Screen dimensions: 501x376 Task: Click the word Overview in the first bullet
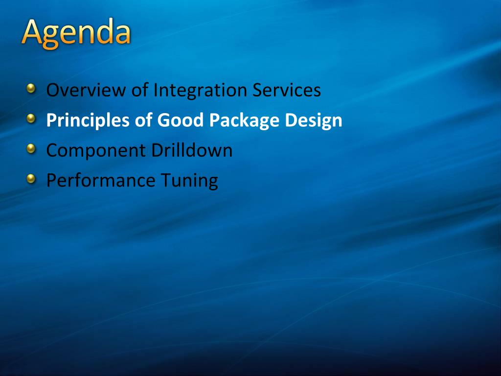(x=86, y=90)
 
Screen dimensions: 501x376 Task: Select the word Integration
(x=200, y=91)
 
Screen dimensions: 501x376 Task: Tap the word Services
(x=287, y=90)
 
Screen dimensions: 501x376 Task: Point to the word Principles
(x=88, y=121)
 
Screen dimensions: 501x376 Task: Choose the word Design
(x=314, y=121)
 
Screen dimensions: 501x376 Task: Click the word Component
(x=96, y=151)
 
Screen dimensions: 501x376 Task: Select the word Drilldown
(x=192, y=150)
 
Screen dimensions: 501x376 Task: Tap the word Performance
(x=101, y=180)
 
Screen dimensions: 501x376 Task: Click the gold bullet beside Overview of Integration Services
(x=31, y=88)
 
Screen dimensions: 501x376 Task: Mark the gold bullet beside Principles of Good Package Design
(x=31, y=118)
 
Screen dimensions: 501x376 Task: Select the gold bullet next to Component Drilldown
(x=31, y=149)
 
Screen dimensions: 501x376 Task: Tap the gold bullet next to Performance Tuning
(x=31, y=179)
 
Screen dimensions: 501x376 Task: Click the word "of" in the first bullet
(x=140, y=90)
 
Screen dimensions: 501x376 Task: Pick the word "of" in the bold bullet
(x=143, y=120)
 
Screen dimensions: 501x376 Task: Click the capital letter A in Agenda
(x=32, y=31)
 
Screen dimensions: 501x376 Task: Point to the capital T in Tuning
(x=166, y=180)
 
